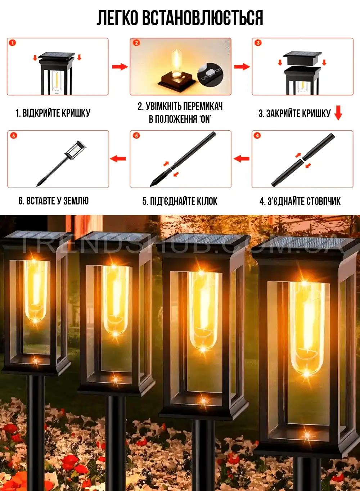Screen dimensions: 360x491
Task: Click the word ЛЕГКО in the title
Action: (117, 18)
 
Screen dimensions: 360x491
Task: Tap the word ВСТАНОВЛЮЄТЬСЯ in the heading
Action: (203, 18)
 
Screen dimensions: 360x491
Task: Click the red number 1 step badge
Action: (13, 43)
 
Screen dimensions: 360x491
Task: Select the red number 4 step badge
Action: (257, 135)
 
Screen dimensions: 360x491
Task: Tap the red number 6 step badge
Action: (14, 135)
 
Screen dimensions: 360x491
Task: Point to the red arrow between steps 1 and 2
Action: (120, 67)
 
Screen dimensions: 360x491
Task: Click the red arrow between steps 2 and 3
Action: (242, 67)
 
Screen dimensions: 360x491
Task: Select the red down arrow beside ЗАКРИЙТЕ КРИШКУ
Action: (338, 113)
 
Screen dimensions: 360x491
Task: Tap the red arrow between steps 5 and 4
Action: (242, 158)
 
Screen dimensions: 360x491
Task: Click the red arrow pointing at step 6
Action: (118, 158)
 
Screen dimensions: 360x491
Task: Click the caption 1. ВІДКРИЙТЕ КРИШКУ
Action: (53, 113)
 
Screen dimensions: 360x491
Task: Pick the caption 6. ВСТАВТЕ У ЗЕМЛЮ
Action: (54, 201)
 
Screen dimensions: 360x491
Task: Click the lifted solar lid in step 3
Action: (302, 58)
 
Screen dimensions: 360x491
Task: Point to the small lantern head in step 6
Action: (75, 150)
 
